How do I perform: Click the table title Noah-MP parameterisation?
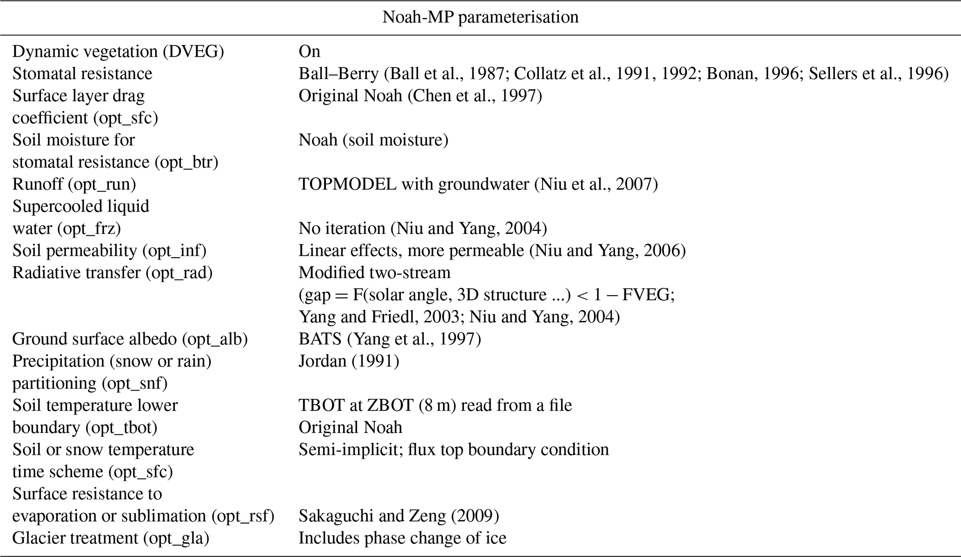480,17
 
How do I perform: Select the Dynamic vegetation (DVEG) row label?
118,51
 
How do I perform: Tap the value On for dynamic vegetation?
309,51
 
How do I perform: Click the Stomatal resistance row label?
82,73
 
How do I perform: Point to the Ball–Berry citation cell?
623,73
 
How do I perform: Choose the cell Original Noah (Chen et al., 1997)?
420,96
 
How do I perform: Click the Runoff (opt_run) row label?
74,184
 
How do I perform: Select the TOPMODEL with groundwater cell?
478,184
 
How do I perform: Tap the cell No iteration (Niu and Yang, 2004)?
422,228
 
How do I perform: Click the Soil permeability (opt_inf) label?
109,251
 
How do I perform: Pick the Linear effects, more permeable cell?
492,251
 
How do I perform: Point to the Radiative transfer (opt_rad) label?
113,272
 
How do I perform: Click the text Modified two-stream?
374,272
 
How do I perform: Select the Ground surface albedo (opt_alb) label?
130,339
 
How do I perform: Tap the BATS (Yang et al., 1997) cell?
390,339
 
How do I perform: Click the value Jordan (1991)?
349,361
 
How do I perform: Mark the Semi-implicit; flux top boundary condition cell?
453,450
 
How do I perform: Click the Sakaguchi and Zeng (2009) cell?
398,516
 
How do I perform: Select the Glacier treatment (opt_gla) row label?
111,538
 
